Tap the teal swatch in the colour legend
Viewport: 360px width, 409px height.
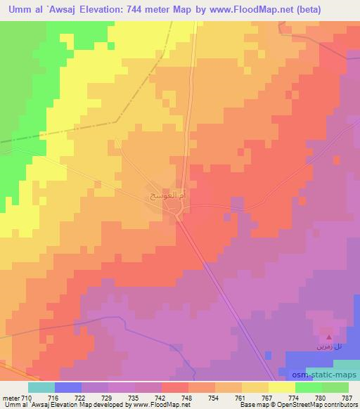(x=41, y=387)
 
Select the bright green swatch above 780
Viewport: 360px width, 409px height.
(x=309, y=387)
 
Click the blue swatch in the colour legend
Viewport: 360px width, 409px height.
(x=68, y=387)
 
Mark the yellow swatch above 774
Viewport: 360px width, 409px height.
(x=282, y=387)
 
